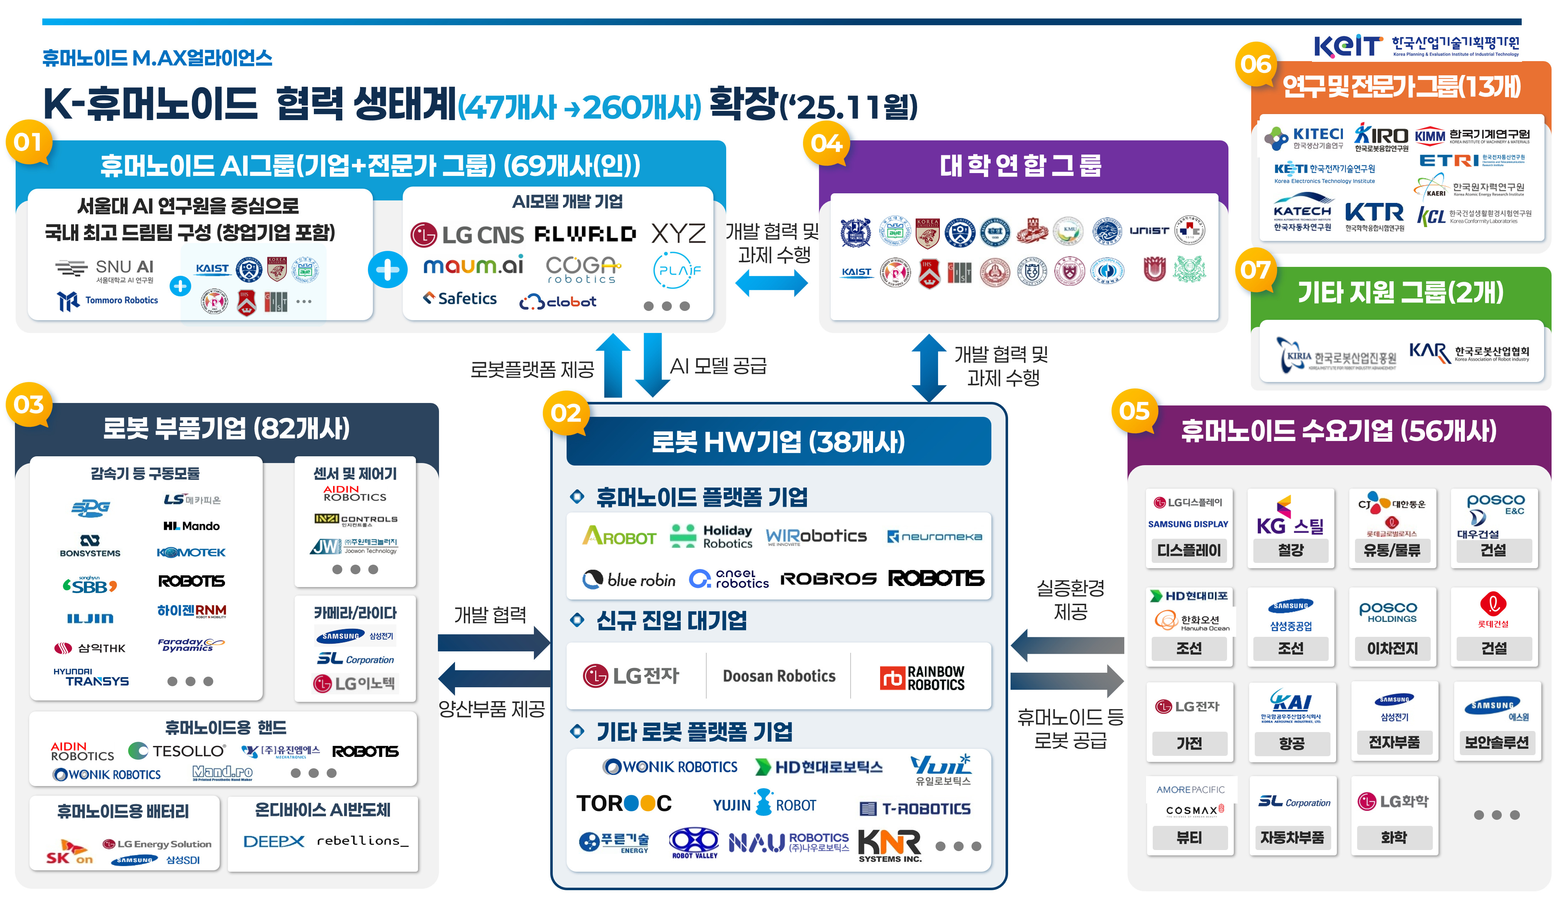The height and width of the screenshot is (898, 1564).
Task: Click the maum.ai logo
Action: [x=473, y=266]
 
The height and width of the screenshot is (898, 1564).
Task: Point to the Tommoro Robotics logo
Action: [x=108, y=300]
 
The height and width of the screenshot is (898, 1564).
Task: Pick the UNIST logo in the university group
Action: [x=1149, y=231]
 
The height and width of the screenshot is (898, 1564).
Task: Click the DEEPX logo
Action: [x=273, y=841]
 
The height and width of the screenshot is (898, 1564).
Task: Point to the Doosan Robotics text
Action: [x=779, y=676]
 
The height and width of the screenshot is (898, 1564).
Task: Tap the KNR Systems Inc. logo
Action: [x=889, y=845]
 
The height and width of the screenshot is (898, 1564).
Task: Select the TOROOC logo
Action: [x=623, y=803]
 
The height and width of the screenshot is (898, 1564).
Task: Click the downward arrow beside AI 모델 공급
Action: [x=652, y=364]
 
